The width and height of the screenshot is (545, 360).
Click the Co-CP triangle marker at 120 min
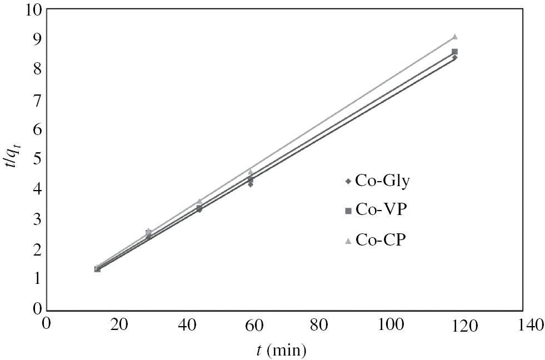[454, 37]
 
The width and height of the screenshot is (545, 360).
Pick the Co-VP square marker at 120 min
[454, 52]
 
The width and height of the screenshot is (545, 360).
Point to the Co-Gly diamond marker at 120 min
[454, 57]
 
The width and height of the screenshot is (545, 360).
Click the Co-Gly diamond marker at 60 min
[251, 184]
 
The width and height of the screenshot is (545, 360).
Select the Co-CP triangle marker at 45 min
[199, 201]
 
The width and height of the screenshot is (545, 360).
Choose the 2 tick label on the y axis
[37, 249]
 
